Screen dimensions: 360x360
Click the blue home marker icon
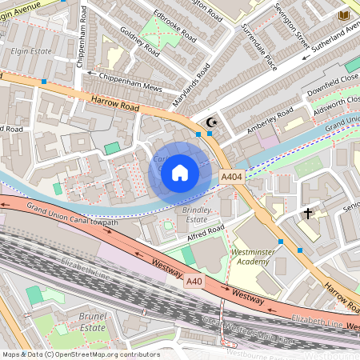click(180, 172)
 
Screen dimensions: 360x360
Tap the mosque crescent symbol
click(211, 122)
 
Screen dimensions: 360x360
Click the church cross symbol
click(307, 214)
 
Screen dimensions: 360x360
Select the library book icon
click(345, 15)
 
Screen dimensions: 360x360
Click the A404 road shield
click(231, 176)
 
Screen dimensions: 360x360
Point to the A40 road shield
click(194, 281)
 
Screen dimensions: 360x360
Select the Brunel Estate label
click(93, 322)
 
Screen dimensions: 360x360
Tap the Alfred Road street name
click(204, 232)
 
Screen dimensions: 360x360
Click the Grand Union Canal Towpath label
click(72, 215)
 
